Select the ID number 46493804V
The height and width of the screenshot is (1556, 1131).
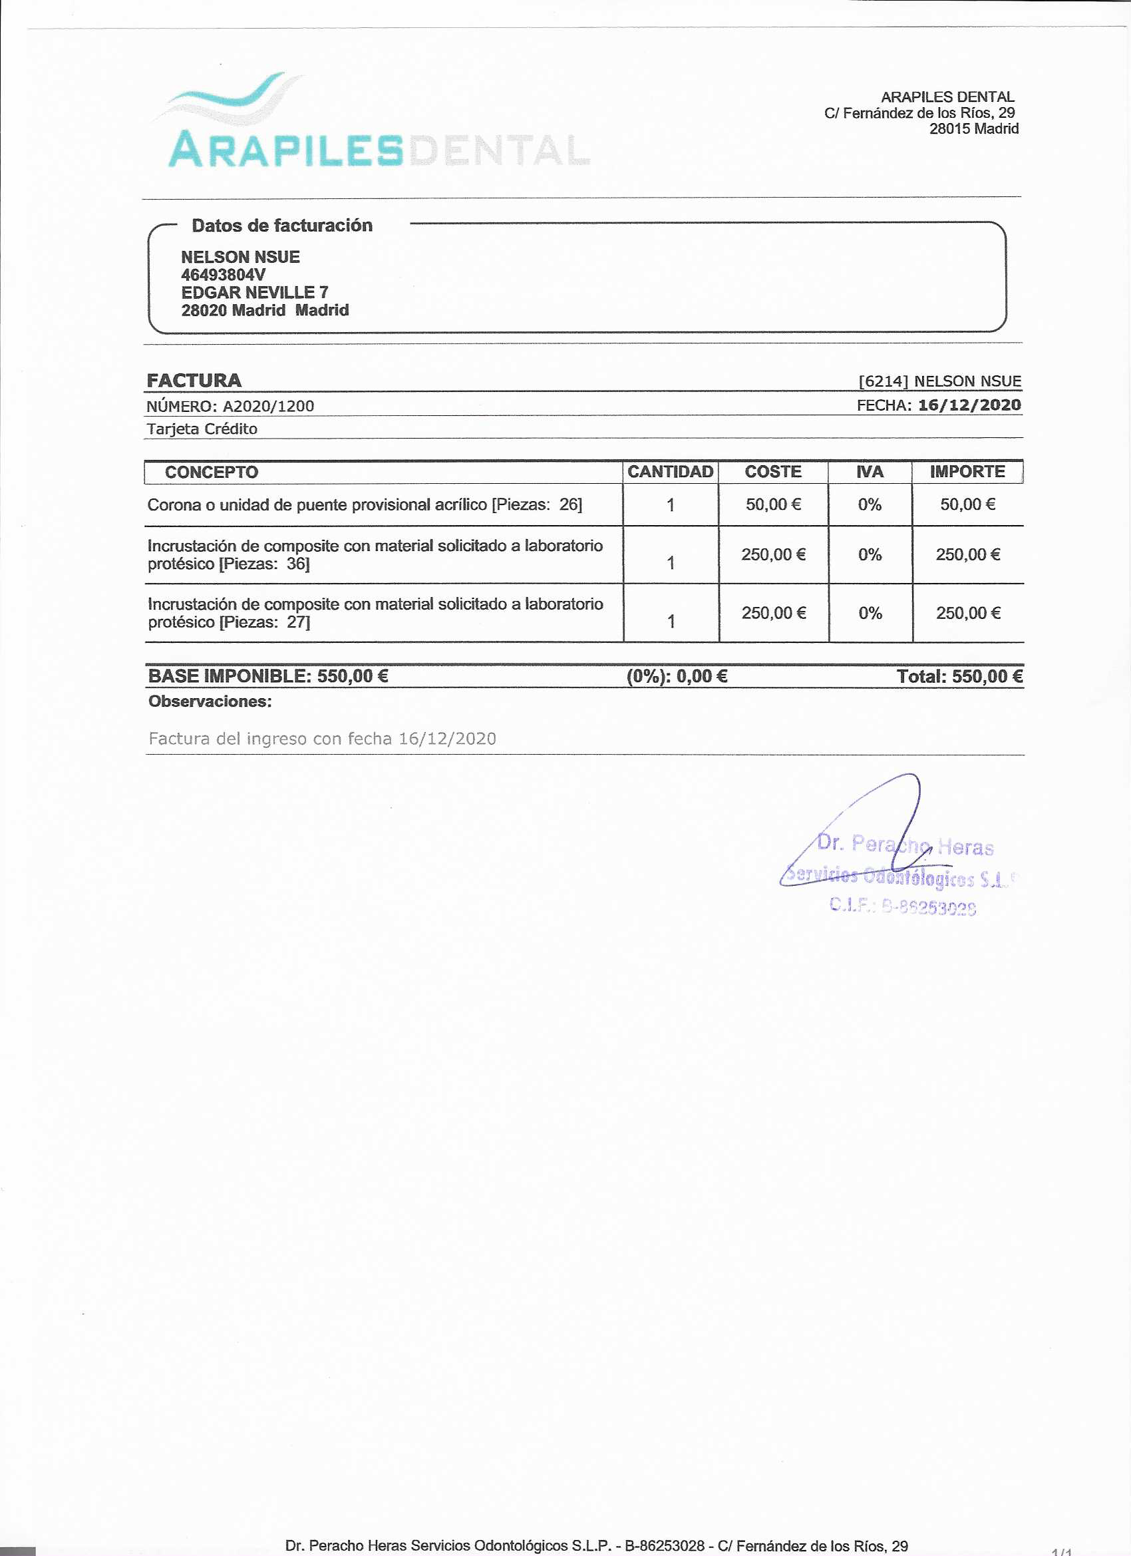tap(223, 275)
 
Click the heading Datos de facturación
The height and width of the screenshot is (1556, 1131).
tap(282, 226)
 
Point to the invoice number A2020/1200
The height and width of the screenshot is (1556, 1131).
tap(268, 406)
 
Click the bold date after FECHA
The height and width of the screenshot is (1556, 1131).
tap(969, 405)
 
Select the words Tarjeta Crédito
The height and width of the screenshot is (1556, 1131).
tap(202, 429)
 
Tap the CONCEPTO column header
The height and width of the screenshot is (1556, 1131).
tap(212, 473)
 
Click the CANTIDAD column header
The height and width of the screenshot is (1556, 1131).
tap(670, 472)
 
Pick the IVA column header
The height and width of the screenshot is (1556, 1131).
tap(870, 472)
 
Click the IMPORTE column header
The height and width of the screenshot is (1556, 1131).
tap(967, 472)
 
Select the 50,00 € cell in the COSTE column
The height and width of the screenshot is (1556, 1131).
tap(773, 505)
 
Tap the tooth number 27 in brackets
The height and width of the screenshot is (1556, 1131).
tap(297, 622)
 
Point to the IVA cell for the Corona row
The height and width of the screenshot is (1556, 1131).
tap(870, 505)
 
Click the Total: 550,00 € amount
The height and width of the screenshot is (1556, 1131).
tap(959, 677)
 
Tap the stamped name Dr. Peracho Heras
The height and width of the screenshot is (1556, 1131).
tap(905, 845)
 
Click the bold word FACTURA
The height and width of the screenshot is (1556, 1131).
tap(194, 381)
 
